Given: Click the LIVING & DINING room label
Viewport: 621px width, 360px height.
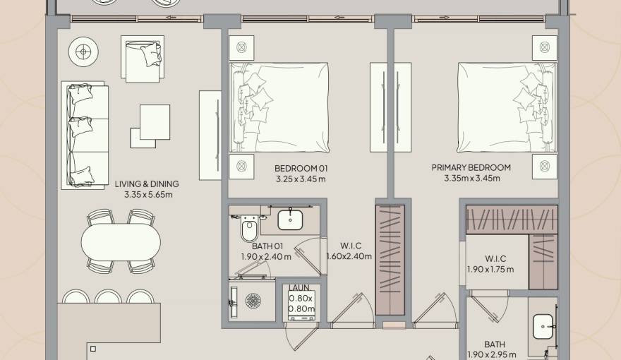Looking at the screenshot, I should tap(147, 184).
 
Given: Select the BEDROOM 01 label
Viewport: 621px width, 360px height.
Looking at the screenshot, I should tap(301, 168).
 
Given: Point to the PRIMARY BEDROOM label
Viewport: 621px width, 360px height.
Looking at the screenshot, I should tap(471, 168).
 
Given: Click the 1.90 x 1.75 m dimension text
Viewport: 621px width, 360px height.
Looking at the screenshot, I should tap(490, 269).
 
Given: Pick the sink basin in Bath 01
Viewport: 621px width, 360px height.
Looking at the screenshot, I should tap(290, 220).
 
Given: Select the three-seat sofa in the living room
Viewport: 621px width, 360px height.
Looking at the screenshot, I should tap(85, 134).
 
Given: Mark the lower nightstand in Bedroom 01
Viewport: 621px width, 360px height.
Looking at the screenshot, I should tap(242, 167).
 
